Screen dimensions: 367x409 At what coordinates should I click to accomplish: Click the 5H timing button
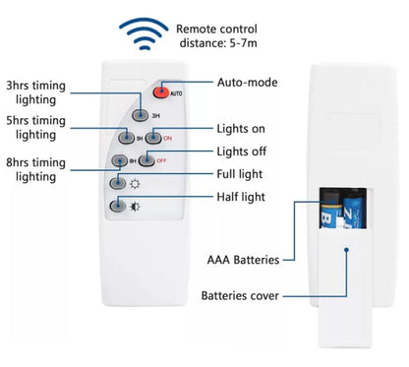coord(125,138)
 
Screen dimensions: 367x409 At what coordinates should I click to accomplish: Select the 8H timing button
coord(120,160)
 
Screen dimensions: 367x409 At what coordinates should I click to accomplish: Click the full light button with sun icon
coord(118,182)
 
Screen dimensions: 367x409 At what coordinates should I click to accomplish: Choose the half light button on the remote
coord(118,206)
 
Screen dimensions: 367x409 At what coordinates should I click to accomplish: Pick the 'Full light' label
coord(242,174)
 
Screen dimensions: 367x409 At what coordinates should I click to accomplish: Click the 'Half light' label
coord(242,197)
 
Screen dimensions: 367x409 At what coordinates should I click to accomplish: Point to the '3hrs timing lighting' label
coord(36,92)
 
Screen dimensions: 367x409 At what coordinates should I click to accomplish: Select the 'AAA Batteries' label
coord(242,260)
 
